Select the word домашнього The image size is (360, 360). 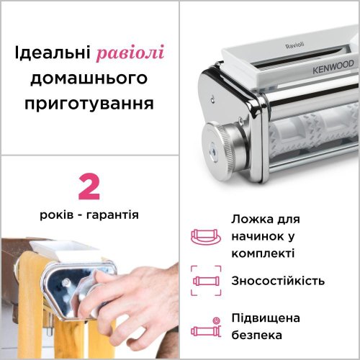click(89, 78)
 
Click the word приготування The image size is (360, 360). click(89, 102)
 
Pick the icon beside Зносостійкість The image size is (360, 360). click(204, 281)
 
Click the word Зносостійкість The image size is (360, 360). click(278, 281)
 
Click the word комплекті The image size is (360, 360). click(263, 253)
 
